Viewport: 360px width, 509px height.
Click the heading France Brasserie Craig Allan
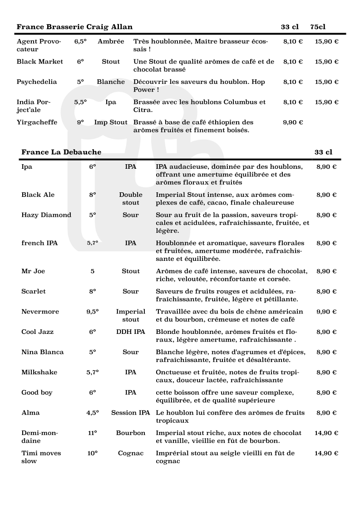coord(74,27)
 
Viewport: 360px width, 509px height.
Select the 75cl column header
coord(318,27)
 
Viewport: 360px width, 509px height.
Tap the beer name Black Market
coord(40,62)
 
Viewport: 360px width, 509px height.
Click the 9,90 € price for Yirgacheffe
coord(293,122)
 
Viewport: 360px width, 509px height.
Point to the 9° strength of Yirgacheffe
coord(80,122)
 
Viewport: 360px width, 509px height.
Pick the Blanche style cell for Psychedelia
coord(111,82)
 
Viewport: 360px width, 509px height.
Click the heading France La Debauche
coord(61,152)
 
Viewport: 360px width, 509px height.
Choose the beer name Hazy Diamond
coord(46,215)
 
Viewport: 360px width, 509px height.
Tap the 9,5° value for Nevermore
coord(93,312)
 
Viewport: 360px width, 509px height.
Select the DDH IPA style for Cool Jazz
coord(131,332)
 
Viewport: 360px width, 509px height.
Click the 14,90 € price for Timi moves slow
coord(326,453)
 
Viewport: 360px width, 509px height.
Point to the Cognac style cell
coord(131,453)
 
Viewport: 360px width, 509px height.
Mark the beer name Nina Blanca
coord(43,352)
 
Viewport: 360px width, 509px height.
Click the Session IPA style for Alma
coord(131,413)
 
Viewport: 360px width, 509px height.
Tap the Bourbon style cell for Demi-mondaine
coord(131,433)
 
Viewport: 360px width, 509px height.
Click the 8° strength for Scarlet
coord(93,292)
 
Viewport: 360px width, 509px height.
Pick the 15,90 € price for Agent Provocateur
coord(326,42)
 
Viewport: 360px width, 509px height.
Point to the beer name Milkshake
coord(39,372)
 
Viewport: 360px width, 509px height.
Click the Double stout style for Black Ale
coord(131,199)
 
